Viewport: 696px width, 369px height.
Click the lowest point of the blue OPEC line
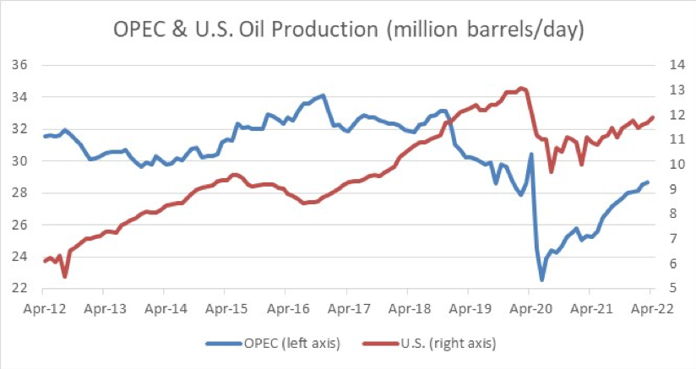pyautogui.click(x=542, y=279)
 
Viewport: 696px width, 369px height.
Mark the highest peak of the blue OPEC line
pyautogui.click(x=324, y=95)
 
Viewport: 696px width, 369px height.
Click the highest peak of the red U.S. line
pyautogui.click(x=521, y=88)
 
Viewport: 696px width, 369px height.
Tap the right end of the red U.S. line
pyautogui.click(x=653, y=117)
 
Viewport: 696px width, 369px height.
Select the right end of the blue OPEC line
pyautogui.click(x=647, y=182)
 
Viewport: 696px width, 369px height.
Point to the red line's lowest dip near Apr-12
pyautogui.click(x=65, y=276)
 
